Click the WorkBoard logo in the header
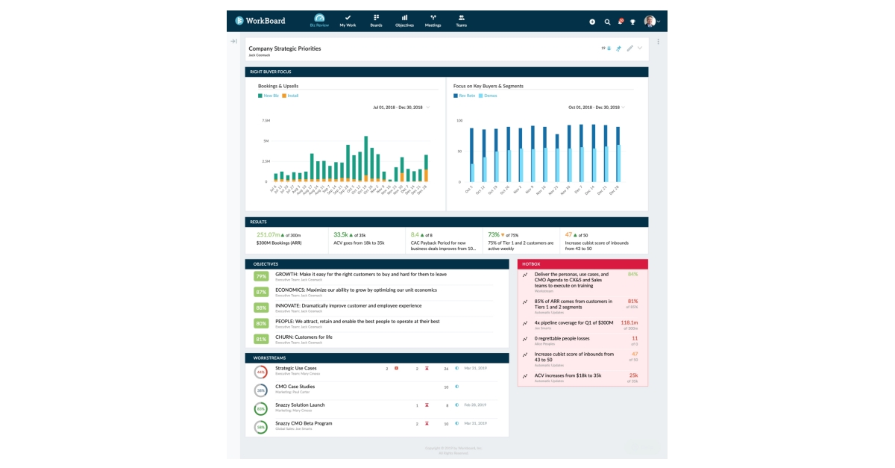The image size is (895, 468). (259, 21)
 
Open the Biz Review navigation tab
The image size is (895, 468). (319, 20)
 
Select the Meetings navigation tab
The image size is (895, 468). (433, 20)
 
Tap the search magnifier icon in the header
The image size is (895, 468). (607, 22)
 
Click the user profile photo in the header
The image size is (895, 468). (650, 22)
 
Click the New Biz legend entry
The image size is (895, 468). (268, 96)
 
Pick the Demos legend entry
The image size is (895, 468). (488, 96)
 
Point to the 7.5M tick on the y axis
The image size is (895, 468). (266, 120)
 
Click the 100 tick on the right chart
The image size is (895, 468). (459, 120)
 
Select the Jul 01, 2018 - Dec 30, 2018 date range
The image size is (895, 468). (398, 107)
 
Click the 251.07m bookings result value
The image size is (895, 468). (266, 234)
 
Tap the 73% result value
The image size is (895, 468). (494, 234)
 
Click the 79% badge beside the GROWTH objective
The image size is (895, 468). (261, 276)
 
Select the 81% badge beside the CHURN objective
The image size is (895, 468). (261, 339)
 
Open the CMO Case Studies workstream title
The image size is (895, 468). (295, 387)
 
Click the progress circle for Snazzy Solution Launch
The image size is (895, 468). (261, 408)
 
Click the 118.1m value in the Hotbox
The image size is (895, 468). (629, 322)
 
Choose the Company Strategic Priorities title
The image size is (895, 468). (285, 49)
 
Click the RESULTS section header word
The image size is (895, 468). (259, 222)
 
